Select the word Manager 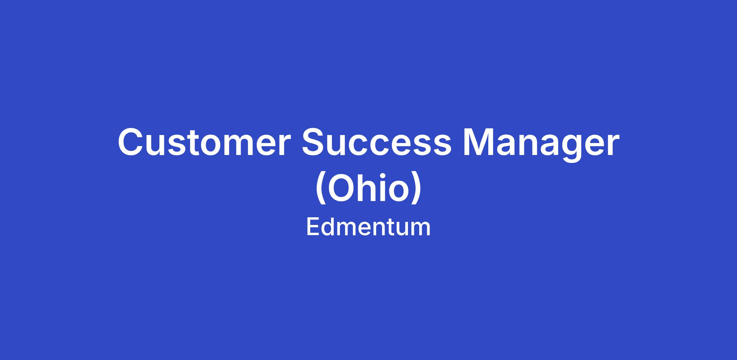coord(541,144)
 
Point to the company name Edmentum coord(368,227)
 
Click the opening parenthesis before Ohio coord(321,188)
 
